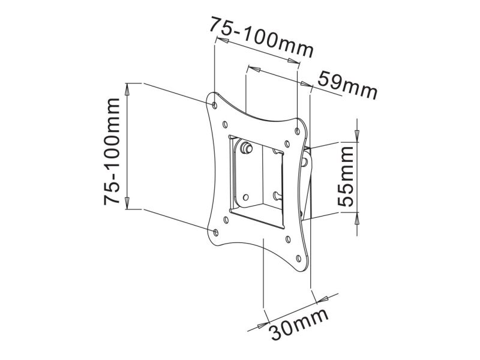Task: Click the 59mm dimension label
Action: click(347, 85)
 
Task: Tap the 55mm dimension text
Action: click(346, 176)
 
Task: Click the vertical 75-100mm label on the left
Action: click(112, 152)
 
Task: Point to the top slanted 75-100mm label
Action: click(262, 37)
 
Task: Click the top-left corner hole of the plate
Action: click(215, 106)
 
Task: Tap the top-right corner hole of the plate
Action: click(297, 131)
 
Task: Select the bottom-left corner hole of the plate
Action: click(216, 233)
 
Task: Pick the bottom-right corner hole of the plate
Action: click(299, 259)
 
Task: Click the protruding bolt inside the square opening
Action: click(246, 147)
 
